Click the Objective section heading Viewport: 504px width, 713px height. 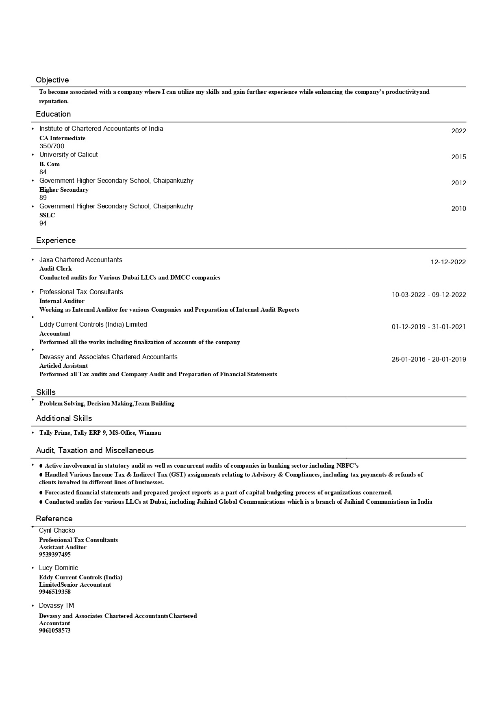[52, 80]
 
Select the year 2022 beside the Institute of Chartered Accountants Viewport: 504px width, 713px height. [458, 131]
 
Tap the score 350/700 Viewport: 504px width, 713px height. [52, 146]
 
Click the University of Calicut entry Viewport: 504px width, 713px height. [68, 155]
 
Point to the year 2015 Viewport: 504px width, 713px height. [458, 157]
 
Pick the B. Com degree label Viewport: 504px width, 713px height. [50, 164]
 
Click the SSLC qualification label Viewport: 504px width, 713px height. [47, 215]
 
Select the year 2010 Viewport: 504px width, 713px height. [458, 208]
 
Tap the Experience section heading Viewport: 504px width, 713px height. [56, 241]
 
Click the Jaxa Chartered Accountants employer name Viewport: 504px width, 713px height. [80, 260]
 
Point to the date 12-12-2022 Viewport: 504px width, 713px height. [448, 262]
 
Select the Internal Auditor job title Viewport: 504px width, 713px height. [62, 301]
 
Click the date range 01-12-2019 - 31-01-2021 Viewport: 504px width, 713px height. [429, 327]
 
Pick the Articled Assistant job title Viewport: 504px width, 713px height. [63, 366]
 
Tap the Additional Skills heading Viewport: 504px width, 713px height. [64, 418]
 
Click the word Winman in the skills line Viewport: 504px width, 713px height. [150, 433]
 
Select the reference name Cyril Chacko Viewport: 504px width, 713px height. [57, 531]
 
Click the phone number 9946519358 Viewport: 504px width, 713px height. [55, 592]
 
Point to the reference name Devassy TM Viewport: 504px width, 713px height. [56, 606]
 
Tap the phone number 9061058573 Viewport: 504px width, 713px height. [55, 631]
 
